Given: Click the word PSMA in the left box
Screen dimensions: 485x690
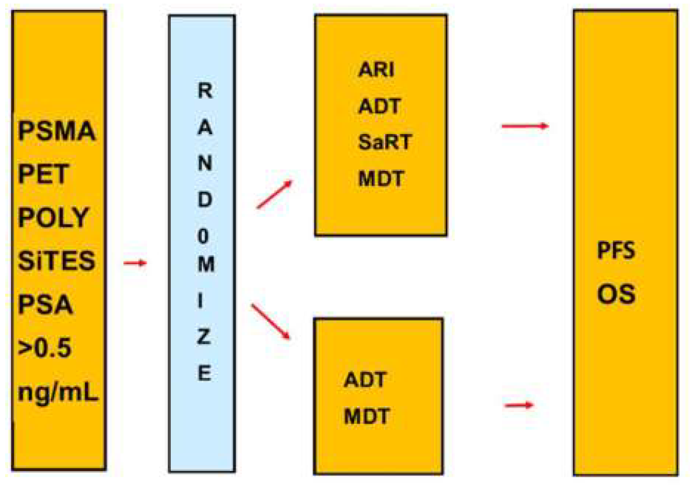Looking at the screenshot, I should [57, 131].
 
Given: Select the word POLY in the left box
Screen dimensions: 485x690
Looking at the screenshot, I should [54, 218].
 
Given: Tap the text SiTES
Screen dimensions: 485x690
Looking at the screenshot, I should [57, 261].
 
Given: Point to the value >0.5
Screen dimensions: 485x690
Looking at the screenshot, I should [45, 348].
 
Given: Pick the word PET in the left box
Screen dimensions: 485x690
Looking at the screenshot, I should [43, 175].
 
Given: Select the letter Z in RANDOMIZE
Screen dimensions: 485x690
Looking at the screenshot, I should [204, 337].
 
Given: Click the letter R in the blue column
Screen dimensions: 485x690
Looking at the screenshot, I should [205, 91].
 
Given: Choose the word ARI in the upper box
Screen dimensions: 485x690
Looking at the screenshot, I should [376, 69].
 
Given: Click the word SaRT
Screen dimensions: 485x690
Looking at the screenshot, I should [385, 142].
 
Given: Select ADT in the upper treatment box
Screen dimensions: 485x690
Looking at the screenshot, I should [379, 106].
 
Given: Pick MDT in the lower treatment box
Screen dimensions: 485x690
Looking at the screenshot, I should [366, 416].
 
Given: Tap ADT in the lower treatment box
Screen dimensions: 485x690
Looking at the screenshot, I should [365, 380].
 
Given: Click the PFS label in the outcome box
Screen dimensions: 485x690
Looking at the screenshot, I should [616, 251].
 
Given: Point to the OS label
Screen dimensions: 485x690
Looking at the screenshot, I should [616, 294].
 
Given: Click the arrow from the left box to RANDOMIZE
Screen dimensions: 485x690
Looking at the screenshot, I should [135, 263].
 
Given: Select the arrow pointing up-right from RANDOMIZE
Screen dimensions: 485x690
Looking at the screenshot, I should [274, 194].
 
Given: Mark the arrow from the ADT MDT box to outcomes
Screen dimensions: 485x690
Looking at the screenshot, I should [519, 405].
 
